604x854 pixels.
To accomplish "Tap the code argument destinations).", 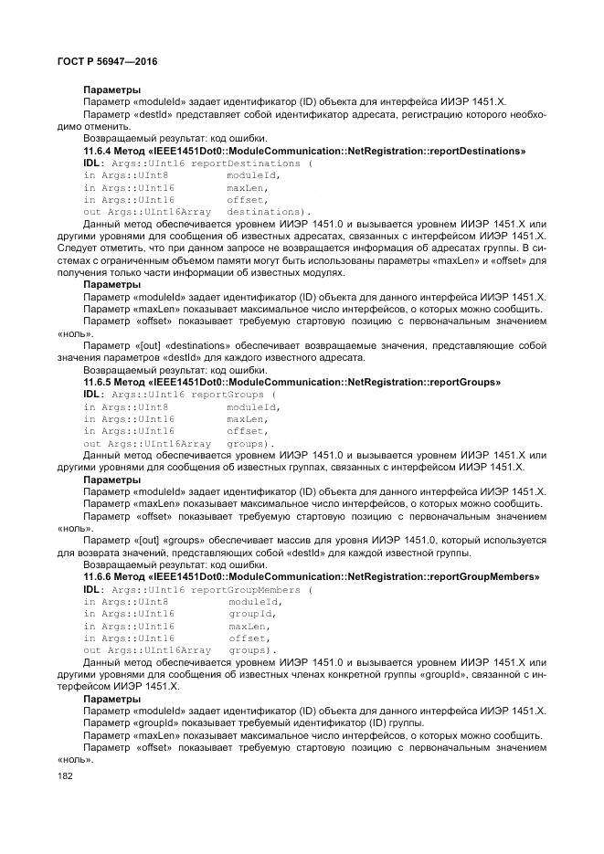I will [269, 212].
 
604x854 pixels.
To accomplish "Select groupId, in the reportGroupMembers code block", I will [252, 615].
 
